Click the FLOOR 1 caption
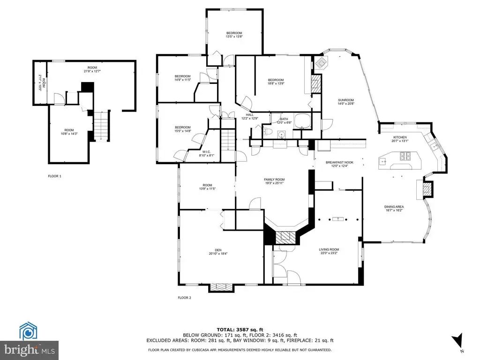coord(54,176)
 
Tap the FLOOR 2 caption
coord(185,298)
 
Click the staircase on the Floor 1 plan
coord(102,125)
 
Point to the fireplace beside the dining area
coord(426,189)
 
